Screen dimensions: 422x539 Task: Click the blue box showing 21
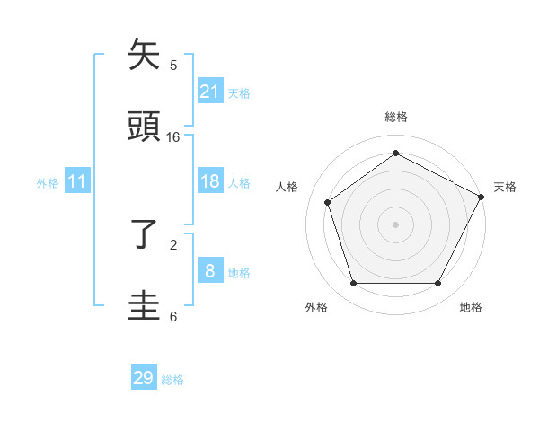tap(209, 91)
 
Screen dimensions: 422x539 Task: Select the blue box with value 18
tap(209, 181)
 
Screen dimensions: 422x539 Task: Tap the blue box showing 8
tap(209, 271)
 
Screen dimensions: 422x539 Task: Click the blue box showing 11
tap(77, 181)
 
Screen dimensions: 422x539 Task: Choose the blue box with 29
tap(144, 378)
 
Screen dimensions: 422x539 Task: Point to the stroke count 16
tap(173, 137)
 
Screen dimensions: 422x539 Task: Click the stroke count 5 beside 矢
tap(173, 66)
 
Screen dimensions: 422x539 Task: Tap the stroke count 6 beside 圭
tap(173, 316)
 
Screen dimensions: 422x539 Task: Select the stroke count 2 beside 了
tap(173, 244)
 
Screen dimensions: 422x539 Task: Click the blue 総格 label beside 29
tap(172, 380)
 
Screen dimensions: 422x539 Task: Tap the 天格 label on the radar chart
tap(505, 187)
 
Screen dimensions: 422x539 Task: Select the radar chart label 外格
tap(316, 307)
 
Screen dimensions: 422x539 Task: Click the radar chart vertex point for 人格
tap(328, 202)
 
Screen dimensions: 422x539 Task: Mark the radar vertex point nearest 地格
tap(437, 283)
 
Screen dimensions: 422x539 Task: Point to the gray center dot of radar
tap(395, 224)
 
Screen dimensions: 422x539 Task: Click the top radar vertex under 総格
tap(395, 153)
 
